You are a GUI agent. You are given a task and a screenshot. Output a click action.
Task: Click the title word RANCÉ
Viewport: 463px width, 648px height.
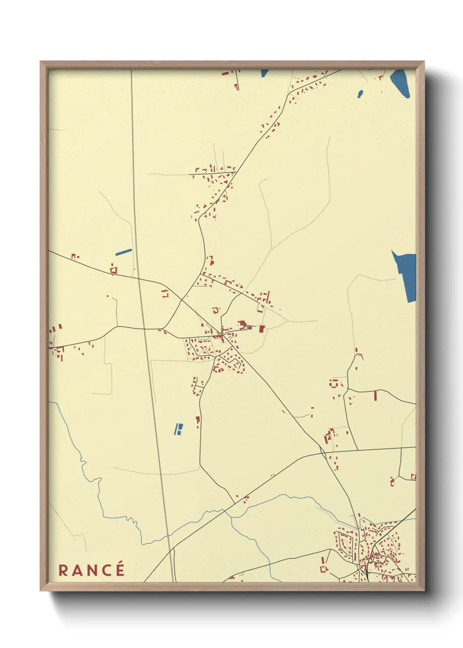[91, 570]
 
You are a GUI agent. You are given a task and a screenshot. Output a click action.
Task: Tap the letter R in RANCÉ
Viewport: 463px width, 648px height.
[63, 571]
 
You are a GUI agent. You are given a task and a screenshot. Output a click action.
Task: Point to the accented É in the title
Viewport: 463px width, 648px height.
[119, 569]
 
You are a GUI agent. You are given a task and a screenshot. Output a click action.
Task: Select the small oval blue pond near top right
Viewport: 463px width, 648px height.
[360, 94]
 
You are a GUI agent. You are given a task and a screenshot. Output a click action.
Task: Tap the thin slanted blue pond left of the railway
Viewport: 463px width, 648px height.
[123, 252]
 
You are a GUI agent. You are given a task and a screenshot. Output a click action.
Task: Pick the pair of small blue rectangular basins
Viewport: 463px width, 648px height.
[178, 429]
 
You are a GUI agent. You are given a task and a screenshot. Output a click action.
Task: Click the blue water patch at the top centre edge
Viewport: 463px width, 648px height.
[264, 73]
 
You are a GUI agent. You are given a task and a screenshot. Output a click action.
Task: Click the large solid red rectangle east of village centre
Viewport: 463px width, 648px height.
[262, 329]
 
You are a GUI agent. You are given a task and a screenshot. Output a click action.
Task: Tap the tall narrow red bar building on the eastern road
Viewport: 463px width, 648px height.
[375, 396]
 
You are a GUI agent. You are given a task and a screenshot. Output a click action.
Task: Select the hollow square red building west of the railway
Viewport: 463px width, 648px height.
[114, 270]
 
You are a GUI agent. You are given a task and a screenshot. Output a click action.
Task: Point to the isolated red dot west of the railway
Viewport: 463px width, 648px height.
[108, 296]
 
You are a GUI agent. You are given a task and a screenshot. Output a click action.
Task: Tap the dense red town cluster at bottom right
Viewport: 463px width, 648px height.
[376, 547]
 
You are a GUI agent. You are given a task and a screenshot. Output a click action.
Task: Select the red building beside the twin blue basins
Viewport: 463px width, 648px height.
[198, 421]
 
